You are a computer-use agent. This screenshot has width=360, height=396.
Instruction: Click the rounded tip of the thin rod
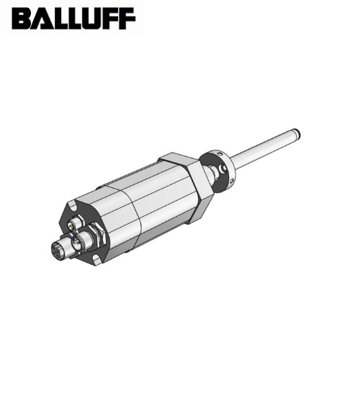tap(297, 132)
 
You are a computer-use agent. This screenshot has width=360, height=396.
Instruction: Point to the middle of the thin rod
tap(263, 148)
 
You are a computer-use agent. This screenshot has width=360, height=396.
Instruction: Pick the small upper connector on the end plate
tap(71, 224)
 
